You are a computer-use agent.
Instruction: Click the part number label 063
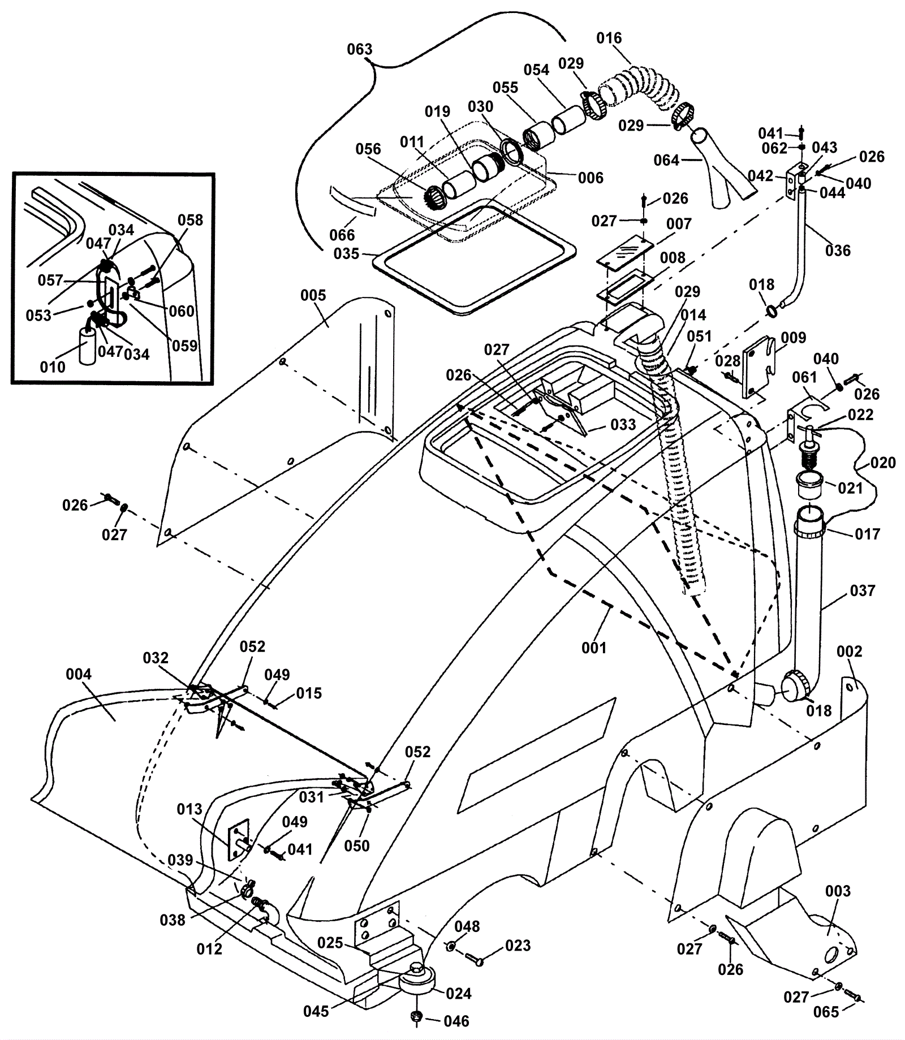(x=360, y=49)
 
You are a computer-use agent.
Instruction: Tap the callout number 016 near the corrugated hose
(x=609, y=38)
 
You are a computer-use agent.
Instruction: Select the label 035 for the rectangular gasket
(x=347, y=253)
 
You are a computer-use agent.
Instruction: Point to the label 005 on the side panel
(x=313, y=295)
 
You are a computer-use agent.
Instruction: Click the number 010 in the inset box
(x=53, y=367)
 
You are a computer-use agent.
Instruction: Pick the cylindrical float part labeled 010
(x=88, y=346)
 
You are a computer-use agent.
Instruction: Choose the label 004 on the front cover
(x=79, y=674)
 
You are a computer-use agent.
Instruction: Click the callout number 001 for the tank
(x=594, y=648)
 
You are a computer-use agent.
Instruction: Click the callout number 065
(x=826, y=1012)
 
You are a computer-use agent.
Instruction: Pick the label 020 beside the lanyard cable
(x=883, y=463)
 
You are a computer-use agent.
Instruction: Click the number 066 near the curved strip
(x=342, y=234)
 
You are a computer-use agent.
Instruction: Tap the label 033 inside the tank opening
(x=623, y=424)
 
